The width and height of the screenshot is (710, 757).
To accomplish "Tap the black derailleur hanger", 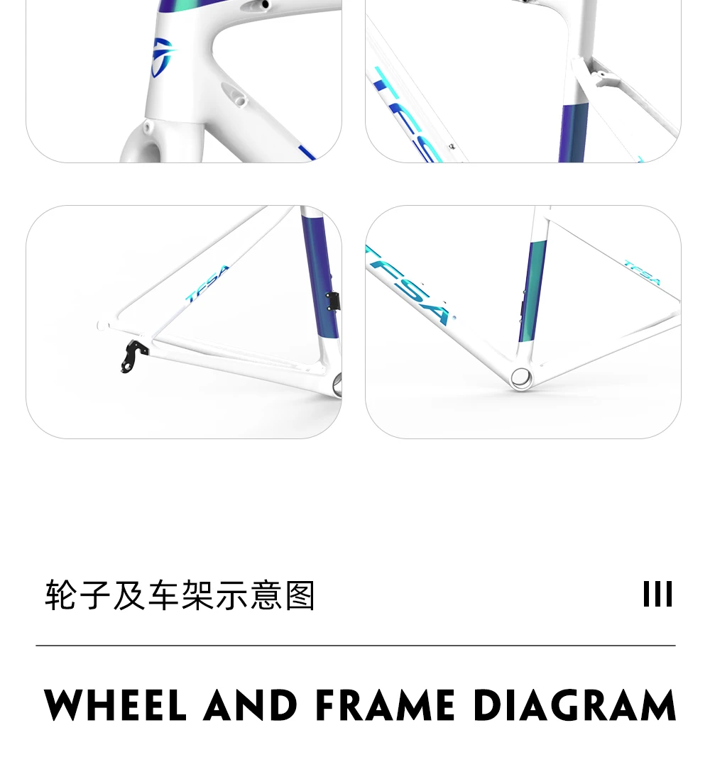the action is click(132, 355).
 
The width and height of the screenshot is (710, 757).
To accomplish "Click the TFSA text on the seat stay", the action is click(207, 284).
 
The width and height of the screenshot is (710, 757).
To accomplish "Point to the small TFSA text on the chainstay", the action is click(643, 273).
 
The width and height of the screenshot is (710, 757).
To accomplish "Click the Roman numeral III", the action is click(657, 595).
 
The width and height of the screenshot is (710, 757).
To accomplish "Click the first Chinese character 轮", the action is click(61, 595).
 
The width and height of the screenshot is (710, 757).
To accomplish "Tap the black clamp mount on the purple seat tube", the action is click(331, 301).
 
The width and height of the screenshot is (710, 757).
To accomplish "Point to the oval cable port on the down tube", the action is click(234, 94).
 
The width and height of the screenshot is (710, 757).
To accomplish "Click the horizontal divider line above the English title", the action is click(355, 646).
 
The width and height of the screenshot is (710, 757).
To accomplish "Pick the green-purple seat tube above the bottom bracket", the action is click(533, 291).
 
